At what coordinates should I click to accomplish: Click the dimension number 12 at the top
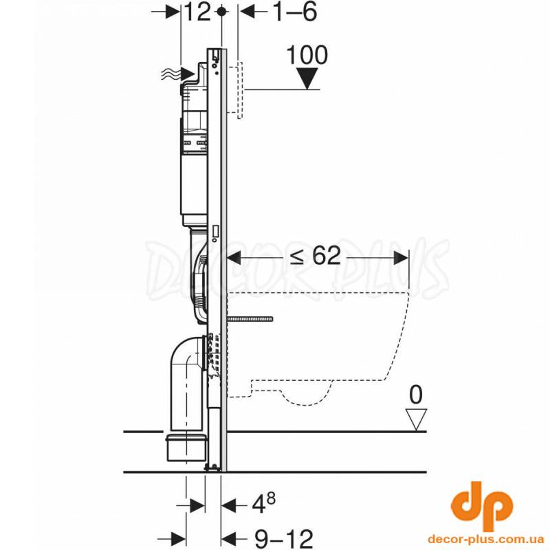pos(197,12)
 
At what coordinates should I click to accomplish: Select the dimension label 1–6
pos(295,12)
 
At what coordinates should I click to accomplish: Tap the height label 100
pos(307,55)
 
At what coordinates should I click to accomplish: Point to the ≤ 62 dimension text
pos(315,255)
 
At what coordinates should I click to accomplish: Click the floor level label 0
pos(416,394)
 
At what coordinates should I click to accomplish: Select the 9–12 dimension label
pos(283,538)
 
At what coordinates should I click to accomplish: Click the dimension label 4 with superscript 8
pos(264,504)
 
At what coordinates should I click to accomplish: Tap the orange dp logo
pos(481,506)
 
